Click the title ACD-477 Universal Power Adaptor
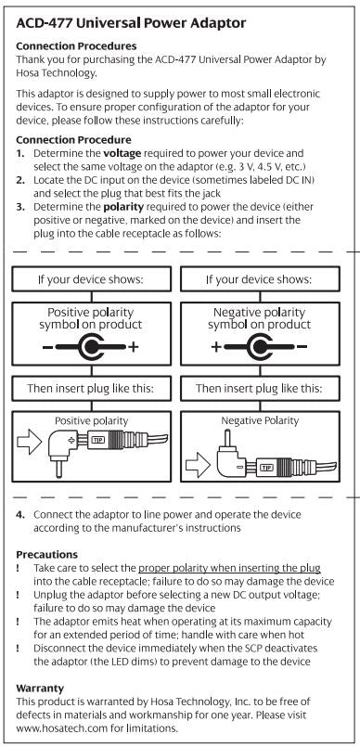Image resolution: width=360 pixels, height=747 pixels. pos(131,23)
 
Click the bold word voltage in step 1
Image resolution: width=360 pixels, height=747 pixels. pos(122,154)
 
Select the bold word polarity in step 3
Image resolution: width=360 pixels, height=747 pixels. pos(123,208)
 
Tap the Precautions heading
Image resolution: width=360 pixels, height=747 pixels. pos(46,555)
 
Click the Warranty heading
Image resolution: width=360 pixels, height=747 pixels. pos(40,689)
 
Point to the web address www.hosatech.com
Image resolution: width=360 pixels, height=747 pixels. pos(65,728)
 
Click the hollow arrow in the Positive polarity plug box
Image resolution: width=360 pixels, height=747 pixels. pos(30,442)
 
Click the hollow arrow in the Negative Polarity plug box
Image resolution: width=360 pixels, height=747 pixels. pos(197,468)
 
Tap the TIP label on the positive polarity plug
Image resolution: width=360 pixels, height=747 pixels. pos(97,439)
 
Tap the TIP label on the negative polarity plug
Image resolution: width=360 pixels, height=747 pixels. pos(266,468)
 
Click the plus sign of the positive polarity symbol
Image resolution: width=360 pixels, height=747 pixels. pos(134,347)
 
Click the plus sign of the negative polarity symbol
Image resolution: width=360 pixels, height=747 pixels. pos(216,347)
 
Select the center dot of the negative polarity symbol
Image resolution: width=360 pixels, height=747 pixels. pos(260,347)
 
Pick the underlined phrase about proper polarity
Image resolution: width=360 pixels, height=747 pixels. pos(229,568)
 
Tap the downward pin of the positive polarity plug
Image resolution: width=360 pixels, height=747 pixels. pos(58,469)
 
